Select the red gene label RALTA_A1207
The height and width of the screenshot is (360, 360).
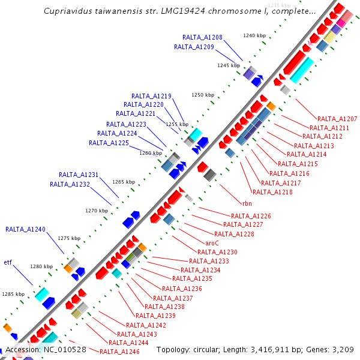337,119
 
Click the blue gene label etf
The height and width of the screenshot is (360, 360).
8,262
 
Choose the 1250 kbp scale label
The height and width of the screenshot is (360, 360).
203,95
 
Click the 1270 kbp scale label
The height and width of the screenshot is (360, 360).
97,211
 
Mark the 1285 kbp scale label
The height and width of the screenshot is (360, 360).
13,294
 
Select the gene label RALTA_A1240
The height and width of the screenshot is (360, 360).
25,229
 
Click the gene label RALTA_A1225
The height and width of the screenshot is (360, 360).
109,143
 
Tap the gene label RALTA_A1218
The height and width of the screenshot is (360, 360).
272,192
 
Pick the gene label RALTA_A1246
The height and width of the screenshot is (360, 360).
119,352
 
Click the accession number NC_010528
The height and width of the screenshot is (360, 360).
63,349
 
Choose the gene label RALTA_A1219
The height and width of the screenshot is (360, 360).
151,96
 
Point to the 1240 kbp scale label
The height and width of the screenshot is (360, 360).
254,35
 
